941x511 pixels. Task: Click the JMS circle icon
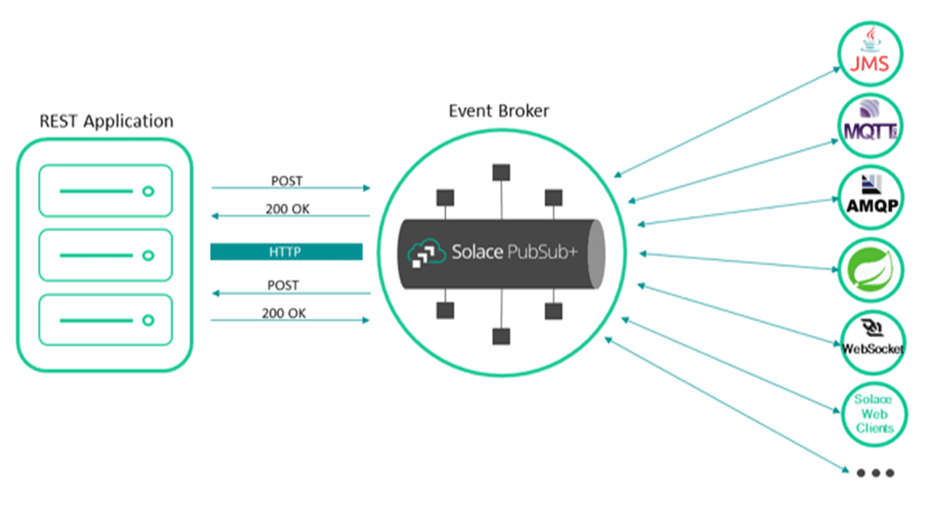coord(870,54)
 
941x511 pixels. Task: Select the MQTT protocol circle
coord(870,127)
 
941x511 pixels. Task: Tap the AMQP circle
coord(871,198)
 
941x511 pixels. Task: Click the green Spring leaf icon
coord(871,270)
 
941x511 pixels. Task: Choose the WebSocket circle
coord(872,343)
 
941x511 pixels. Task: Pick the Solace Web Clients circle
coord(873,414)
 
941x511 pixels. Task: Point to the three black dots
coord(875,473)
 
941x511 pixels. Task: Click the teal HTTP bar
coord(286,252)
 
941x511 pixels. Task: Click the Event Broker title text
coord(499,111)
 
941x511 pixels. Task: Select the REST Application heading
coord(106,121)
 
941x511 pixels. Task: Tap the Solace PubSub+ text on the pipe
coord(514,252)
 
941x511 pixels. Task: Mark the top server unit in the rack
coord(105,191)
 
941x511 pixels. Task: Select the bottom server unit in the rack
coord(105,320)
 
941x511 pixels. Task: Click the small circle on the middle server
coord(148,255)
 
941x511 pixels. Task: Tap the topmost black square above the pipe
coord(501,172)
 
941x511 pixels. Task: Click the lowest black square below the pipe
coord(501,336)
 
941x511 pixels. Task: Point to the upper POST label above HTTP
coord(286,181)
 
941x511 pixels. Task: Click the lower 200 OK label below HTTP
coord(283,313)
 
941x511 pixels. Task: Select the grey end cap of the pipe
coord(596,254)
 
